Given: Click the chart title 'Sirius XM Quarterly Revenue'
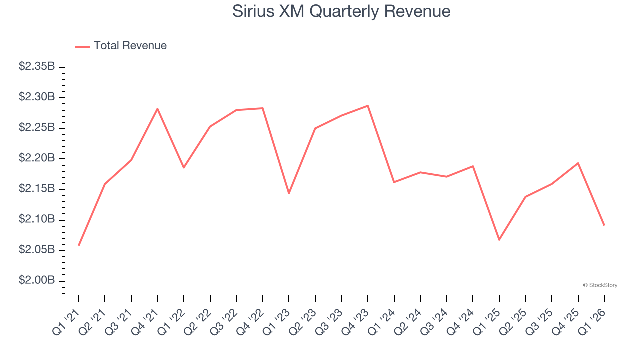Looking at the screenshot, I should click(341, 11).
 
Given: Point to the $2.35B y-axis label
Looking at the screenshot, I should click(37, 66).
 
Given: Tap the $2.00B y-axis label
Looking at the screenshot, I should click(37, 280).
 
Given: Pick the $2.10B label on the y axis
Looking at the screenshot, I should click(37, 219).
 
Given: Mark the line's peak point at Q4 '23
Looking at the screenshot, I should click(368, 106).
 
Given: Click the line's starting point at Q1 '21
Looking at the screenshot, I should click(79, 245).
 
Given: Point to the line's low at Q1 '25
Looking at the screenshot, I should click(499, 240).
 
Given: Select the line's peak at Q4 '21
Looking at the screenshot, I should click(157, 109).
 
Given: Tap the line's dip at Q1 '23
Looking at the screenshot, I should click(289, 193).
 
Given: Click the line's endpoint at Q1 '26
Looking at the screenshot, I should click(604, 225).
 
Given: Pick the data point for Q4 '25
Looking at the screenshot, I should click(578, 163).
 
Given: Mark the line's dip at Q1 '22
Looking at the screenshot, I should click(184, 167).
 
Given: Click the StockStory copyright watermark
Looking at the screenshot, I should click(600, 285).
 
